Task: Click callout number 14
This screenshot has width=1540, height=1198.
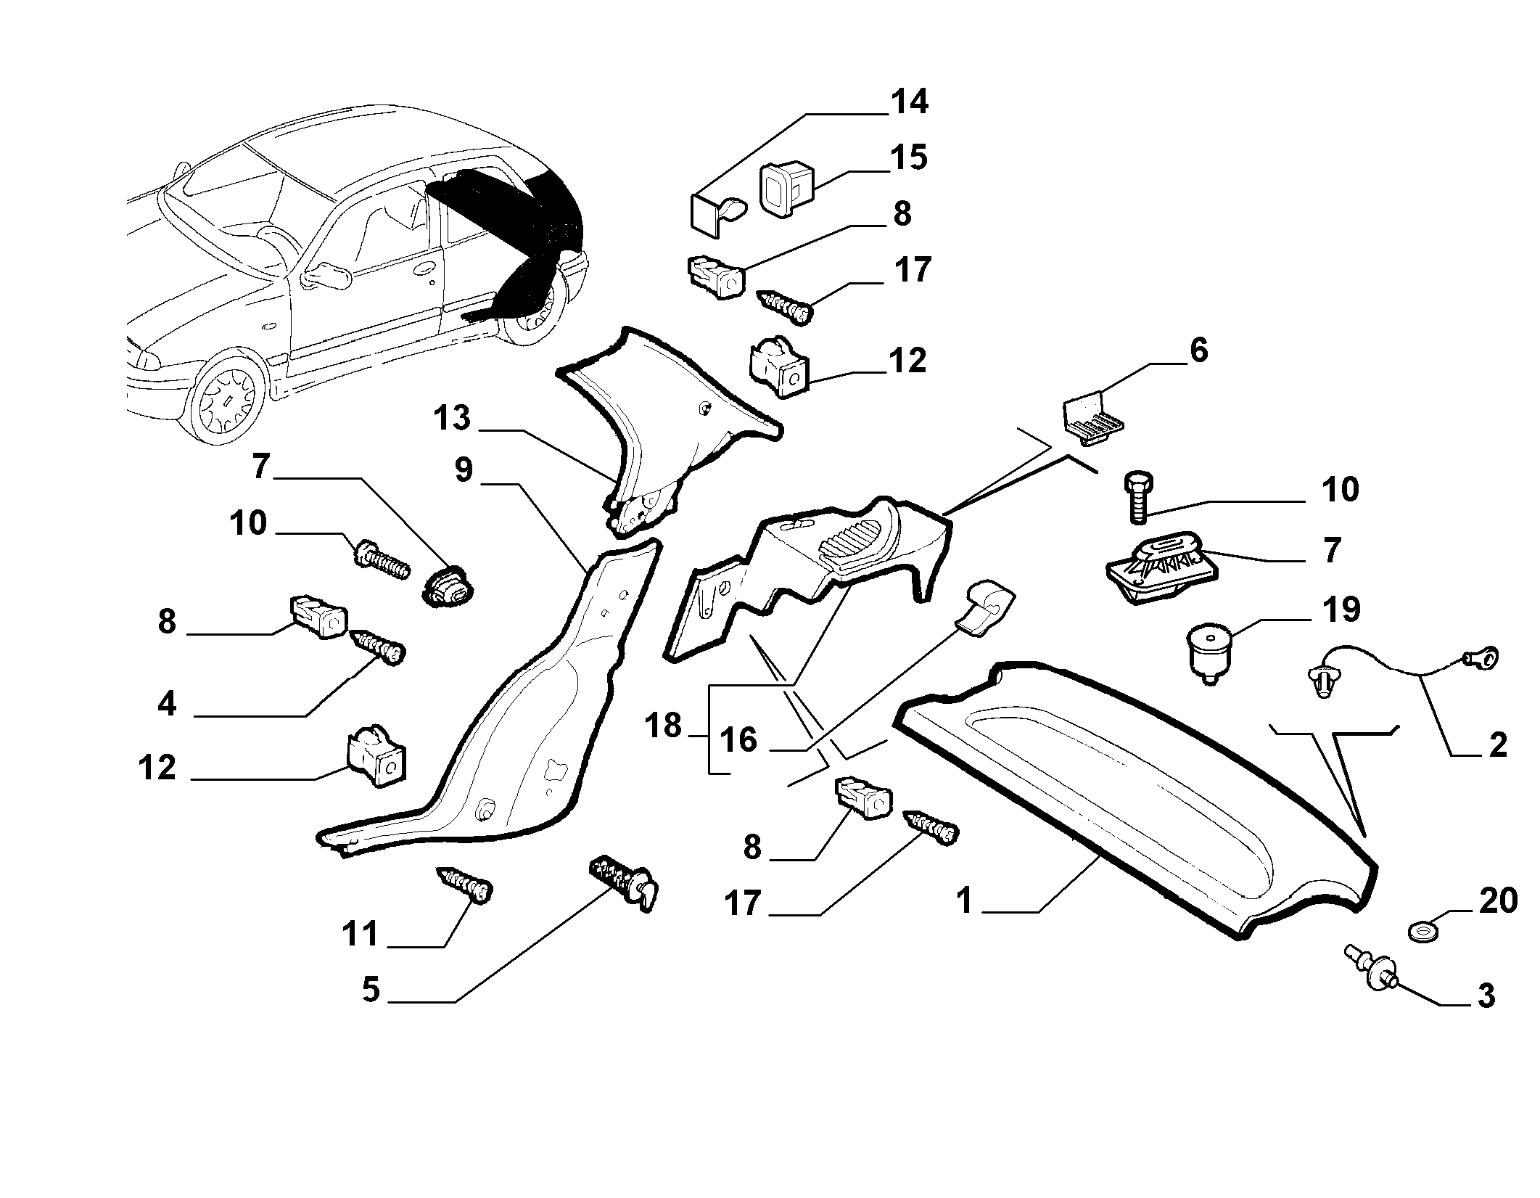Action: (x=910, y=102)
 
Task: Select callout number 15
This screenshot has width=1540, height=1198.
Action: (x=910, y=157)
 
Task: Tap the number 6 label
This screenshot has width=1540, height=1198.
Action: (x=1199, y=350)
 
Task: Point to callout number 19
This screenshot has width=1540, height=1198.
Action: (x=1341, y=610)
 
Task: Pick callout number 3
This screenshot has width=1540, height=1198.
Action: (x=1486, y=996)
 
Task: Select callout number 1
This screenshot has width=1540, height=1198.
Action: (x=964, y=901)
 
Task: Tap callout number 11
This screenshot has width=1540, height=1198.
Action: (x=361, y=935)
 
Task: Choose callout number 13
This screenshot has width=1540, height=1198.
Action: (x=453, y=418)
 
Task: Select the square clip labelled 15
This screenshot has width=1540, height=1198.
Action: (x=786, y=190)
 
